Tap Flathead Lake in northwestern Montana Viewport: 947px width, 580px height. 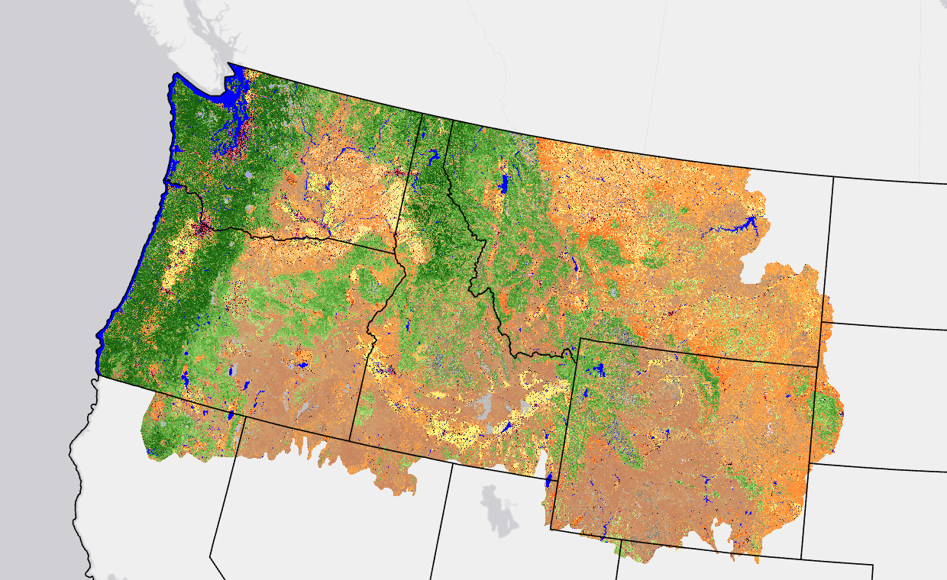coord(503,184)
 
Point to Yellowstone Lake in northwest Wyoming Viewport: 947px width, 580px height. coord(598,371)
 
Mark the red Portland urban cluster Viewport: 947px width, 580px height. coord(203,227)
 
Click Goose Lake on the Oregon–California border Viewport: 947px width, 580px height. coord(230,416)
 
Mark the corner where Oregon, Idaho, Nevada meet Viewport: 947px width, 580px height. coord(351,440)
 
